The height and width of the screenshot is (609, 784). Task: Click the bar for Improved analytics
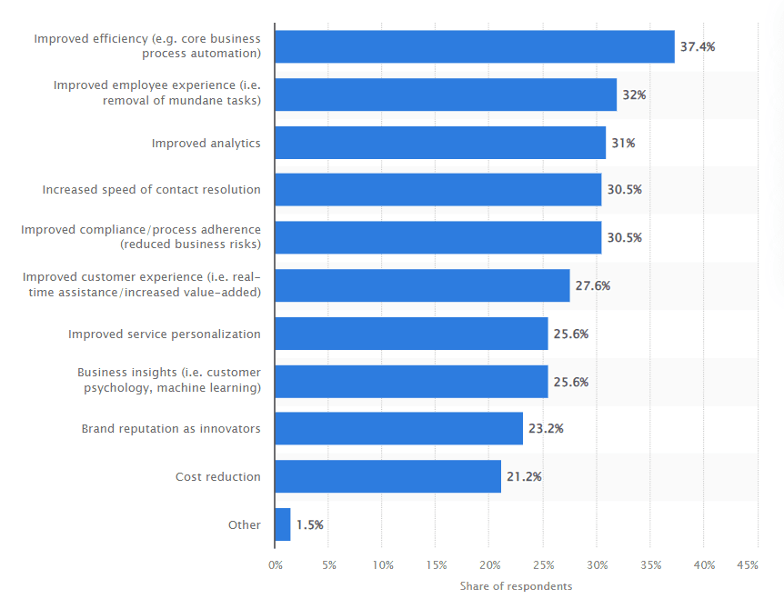tap(440, 143)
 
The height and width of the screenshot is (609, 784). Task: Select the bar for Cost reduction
tap(387, 476)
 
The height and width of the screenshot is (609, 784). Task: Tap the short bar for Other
tap(283, 524)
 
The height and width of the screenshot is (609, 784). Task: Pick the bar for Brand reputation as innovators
tap(398, 428)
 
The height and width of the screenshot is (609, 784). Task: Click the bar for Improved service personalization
tap(411, 334)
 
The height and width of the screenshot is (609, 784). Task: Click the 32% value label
tap(635, 95)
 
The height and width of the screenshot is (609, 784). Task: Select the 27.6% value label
tap(592, 285)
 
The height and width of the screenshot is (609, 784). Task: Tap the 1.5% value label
tap(309, 524)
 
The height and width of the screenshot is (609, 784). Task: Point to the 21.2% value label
tap(524, 476)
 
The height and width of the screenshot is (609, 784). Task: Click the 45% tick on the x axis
tap(747, 565)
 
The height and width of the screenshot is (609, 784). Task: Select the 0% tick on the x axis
tap(276, 565)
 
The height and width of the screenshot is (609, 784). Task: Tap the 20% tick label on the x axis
tap(489, 565)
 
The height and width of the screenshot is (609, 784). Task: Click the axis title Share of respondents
tap(516, 586)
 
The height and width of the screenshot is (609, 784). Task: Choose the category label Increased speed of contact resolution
tap(151, 190)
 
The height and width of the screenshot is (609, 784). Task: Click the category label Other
tap(245, 524)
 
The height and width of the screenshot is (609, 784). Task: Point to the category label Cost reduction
tap(218, 476)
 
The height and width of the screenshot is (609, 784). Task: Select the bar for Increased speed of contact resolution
tap(437, 190)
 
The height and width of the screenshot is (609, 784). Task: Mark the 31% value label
tap(624, 143)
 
